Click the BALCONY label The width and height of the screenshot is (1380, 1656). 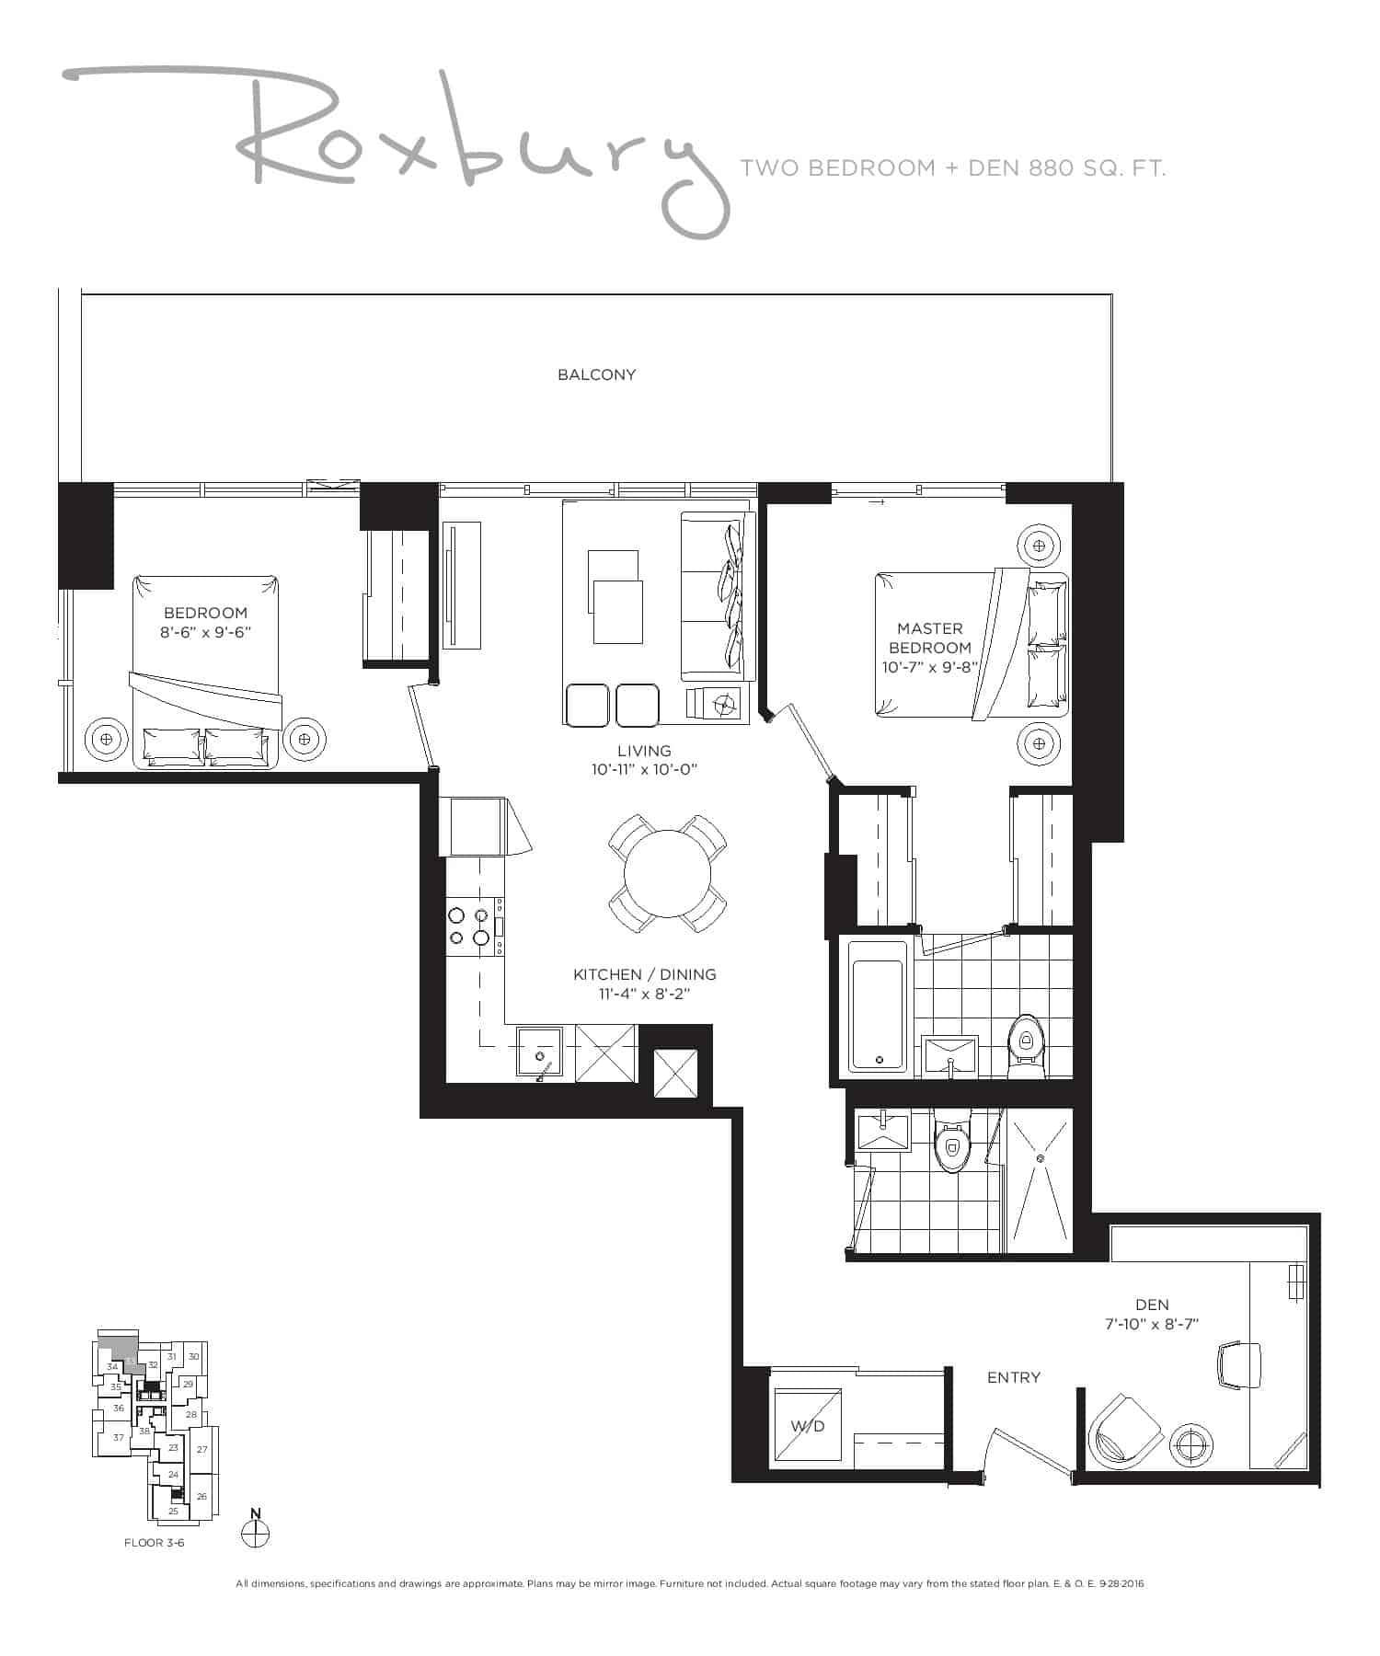coord(596,374)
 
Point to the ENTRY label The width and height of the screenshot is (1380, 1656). coord(1013,1377)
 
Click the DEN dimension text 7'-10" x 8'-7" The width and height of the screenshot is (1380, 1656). coord(1151,1324)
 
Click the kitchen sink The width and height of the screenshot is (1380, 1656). coord(545,1052)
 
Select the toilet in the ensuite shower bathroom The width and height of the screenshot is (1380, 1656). coord(952,1141)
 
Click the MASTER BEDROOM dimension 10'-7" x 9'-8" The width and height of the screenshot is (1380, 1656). coord(929,667)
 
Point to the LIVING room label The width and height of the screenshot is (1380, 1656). coord(644,751)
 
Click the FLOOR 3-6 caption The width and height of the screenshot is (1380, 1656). coord(155,1543)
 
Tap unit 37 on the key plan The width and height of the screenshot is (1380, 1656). coord(118,1437)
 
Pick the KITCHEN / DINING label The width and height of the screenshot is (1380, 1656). coord(644,974)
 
